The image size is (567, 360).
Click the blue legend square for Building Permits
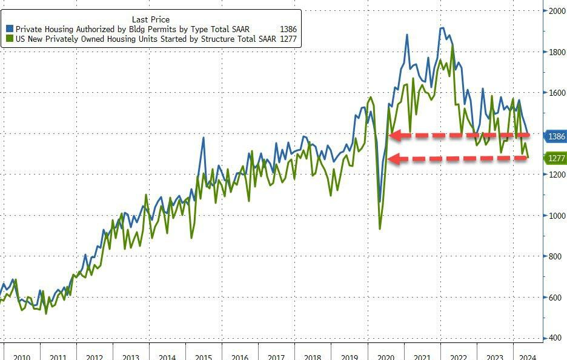(10, 29)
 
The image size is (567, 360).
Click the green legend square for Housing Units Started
(10, 39)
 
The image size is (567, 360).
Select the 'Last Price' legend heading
(150, 19)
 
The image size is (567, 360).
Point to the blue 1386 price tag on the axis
(556, 137)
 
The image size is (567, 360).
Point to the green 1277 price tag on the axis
(556, 159)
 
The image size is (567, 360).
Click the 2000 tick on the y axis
(557, 11)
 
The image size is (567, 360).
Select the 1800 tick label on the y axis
(557, 52)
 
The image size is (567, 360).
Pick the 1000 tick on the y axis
(557, 216)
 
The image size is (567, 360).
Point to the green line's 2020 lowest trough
(380, 228)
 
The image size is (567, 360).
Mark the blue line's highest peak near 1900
(442, 28)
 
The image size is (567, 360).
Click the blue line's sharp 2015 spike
(203, 138)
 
